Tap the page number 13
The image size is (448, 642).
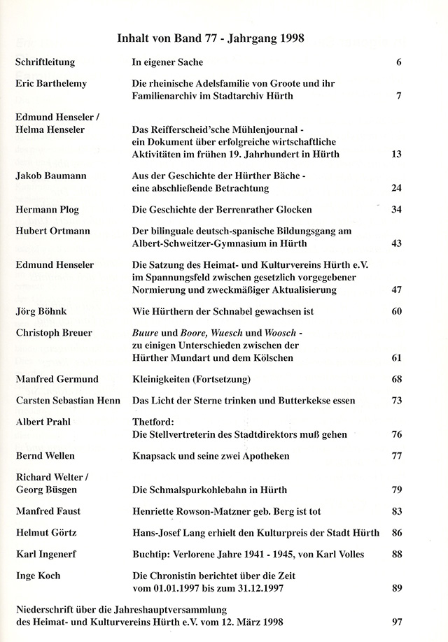395,155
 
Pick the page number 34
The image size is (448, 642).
395,210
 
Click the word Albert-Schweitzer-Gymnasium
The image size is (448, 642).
204,243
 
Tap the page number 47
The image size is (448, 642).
395,289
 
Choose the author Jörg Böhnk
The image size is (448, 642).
43,311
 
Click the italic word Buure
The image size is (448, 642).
146,332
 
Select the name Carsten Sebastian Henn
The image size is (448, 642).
68,401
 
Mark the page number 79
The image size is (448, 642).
395,490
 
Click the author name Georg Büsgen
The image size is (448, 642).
47,490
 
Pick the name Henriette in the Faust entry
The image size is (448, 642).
156,511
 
